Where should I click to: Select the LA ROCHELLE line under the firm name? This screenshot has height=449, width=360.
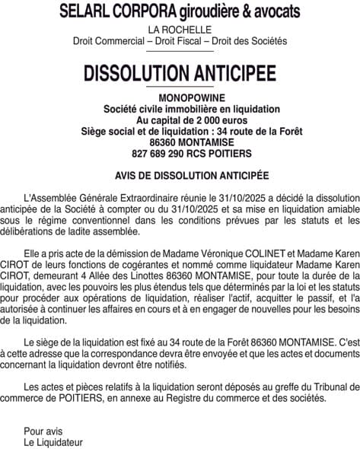pos(180,30)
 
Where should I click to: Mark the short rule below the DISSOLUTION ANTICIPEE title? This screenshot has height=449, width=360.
pos(180,91)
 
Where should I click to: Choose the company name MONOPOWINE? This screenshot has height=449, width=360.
pos(180,100)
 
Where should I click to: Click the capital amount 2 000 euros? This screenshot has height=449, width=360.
pos(200,120)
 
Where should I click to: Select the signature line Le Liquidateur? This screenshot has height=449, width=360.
pos(53,441)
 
